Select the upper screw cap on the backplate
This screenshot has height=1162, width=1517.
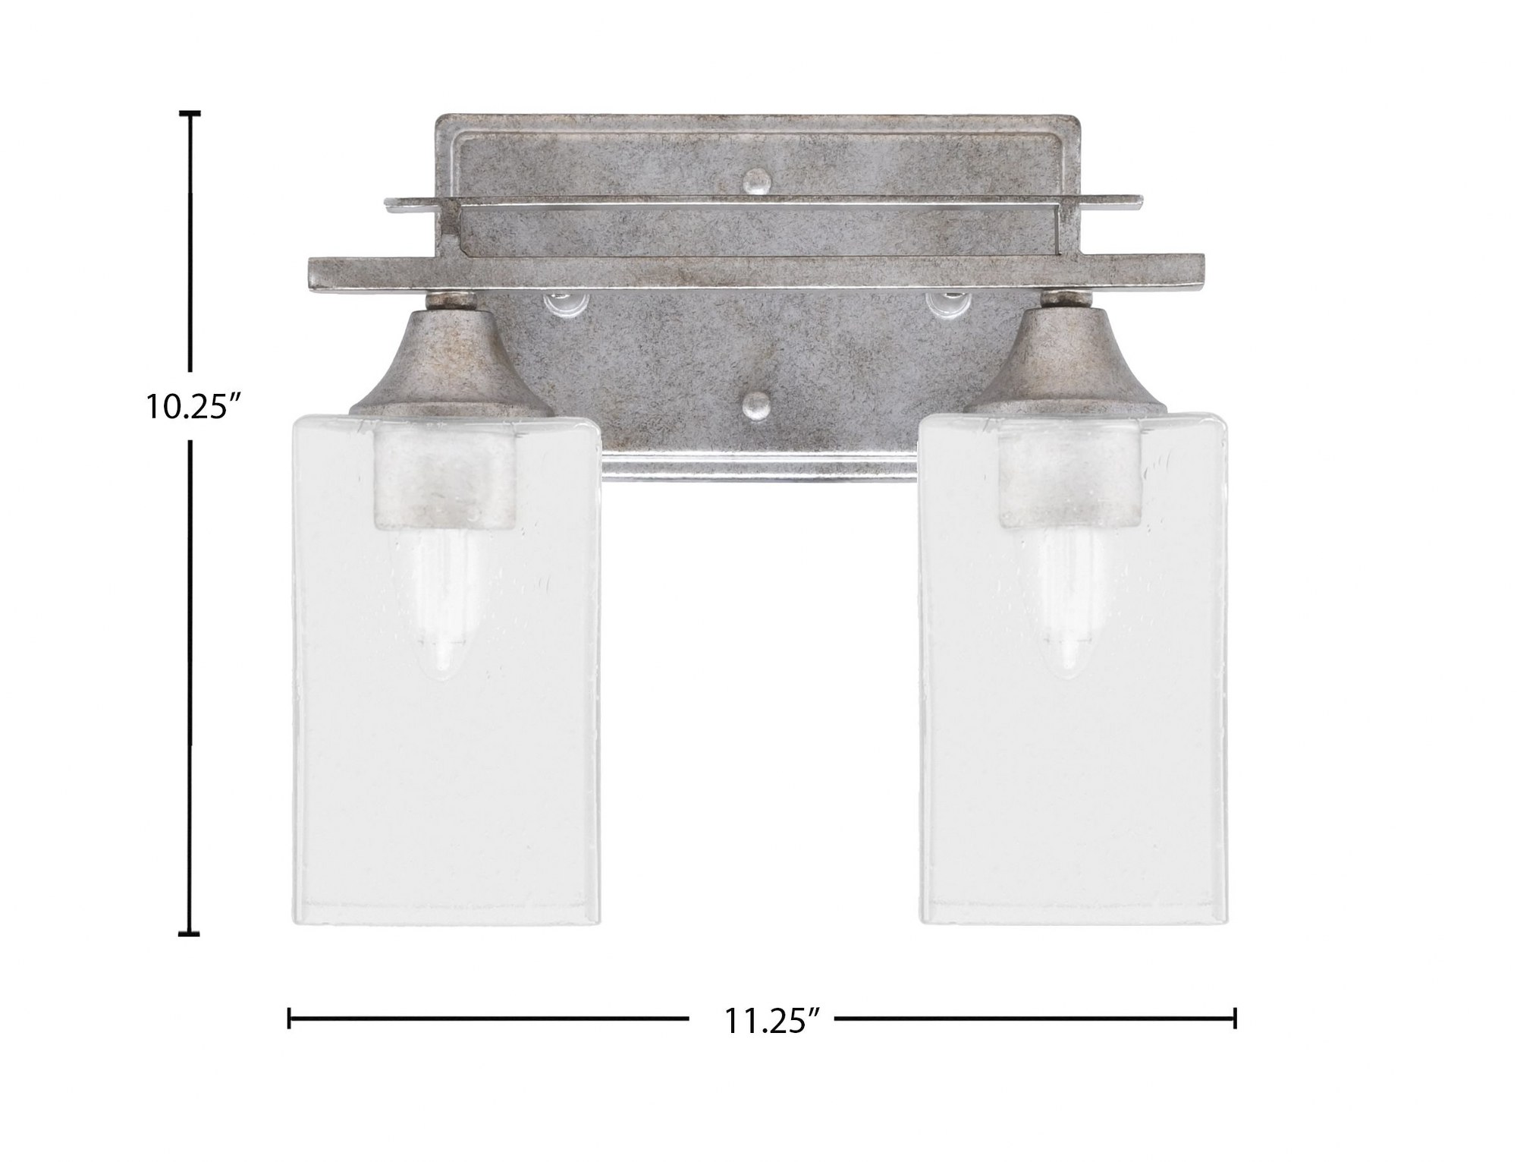pyautogui.click(x=755, y=180)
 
